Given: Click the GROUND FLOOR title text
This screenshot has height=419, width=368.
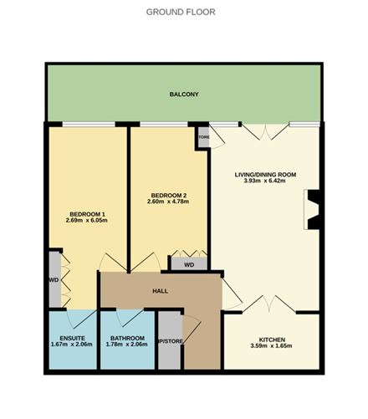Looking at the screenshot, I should click(181, 13).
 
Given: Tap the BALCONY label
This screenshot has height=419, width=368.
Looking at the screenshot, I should click(184, 95).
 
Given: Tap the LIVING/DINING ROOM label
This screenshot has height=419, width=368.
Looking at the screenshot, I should click(264, 174).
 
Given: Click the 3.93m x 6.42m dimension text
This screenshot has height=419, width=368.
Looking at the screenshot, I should click(264, 181).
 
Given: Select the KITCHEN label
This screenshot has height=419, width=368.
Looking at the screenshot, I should click(272, 340).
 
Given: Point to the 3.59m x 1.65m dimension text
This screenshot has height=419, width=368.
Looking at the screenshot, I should click(272, 347).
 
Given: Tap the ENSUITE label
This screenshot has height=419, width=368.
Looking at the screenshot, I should click(73, 340).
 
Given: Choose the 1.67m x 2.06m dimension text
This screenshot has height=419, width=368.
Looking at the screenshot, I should click(73, 347).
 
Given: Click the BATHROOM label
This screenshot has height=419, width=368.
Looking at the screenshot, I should click(127, 340).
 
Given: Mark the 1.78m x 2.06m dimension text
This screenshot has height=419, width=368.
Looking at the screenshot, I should click(127, 347).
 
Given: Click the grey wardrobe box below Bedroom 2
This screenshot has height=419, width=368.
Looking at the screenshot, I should click(189, 264).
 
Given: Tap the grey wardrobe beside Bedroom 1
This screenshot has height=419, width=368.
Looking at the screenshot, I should click(54, 280).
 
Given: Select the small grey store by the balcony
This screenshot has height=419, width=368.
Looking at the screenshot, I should click(203, 136).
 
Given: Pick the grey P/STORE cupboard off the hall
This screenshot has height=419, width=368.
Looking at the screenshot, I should click(170, 341).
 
